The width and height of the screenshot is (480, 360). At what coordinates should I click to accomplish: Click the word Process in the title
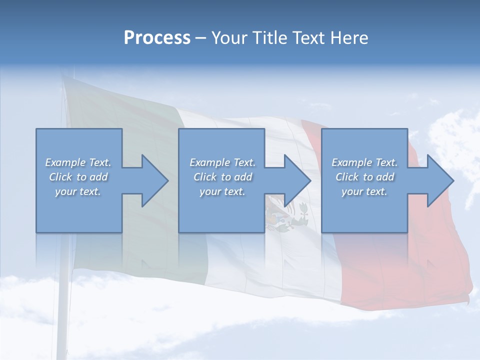pyautogui.click(x=157, y=38)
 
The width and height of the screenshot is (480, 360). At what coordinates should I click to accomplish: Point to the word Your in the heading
pyautogui.click(x=228, y=38)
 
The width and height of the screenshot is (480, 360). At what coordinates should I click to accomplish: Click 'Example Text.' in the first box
pyautogui.click(x=78, y=162)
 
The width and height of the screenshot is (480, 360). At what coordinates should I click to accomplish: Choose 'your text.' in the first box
pyautogui.click(x=78, y=191)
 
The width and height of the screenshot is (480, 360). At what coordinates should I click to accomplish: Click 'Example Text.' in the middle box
pyautogui.click(x=222, y=162)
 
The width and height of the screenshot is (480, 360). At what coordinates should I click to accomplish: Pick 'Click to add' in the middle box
pyautogui.click(x=222, y=177)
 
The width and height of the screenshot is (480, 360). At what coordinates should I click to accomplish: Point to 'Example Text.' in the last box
pyautogui.click(x=364, y=162)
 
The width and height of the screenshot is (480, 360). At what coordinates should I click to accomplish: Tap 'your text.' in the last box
pyautogui.click(x=364, y=191)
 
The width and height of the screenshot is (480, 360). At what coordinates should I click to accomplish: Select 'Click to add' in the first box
pyautogui.click(x=78, y=177)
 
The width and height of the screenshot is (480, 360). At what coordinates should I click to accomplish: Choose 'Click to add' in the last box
pyautogui.click(x=364, y=177)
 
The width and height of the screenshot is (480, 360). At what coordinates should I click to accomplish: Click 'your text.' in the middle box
pyautogui.click(x=222, y=191)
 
